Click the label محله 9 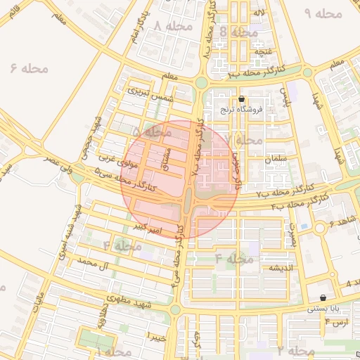tap(323, 13)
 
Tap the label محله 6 tap(30, 68)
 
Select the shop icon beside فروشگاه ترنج tap(242, 99)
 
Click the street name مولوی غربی tap(115, 160)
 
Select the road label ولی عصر tap(56, 165)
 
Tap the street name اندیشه tap(276, 268)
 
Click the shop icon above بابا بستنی tap(323, 298)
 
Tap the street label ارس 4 tap(336, 322)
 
